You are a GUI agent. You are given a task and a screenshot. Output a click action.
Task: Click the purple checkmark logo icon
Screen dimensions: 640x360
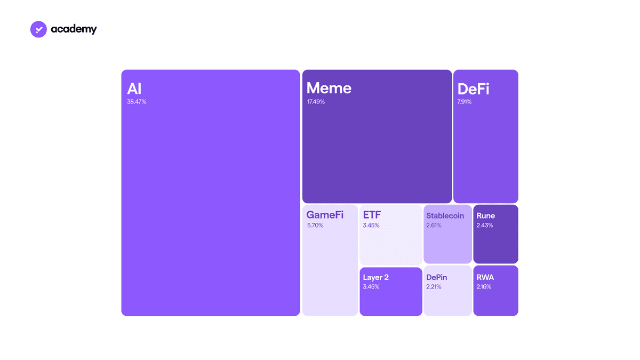tap(38, 29)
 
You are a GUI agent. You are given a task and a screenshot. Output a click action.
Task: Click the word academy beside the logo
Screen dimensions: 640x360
tap(74, 29)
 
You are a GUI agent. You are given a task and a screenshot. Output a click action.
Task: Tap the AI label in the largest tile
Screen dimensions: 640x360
tap(134, 89)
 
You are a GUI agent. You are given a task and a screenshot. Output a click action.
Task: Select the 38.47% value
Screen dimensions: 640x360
tap(137, 102)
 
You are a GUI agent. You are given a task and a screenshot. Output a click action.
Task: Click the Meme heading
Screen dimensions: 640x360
tap(329, 88)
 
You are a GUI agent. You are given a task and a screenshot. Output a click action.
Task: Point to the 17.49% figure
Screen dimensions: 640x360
tap(316, 102)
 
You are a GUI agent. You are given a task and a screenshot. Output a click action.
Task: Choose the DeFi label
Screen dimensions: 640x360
tap(473, 89)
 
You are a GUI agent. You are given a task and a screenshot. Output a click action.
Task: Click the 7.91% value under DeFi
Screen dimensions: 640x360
tap(465, 102)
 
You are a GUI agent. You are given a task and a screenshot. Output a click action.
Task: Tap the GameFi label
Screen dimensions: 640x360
tap(325, 214)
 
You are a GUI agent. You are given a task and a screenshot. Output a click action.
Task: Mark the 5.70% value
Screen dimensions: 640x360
tap(315, 226)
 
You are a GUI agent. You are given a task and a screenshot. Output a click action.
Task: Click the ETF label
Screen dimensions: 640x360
tap(372, 214)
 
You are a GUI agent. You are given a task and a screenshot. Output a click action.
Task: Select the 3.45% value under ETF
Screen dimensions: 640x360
tap(371, 226)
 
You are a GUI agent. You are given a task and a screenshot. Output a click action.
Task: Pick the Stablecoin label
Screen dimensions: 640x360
tap(445, 215)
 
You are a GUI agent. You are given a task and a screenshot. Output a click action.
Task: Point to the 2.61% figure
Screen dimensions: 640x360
tap(434, 226)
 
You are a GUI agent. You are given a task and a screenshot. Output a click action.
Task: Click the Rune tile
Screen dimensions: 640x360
tap(495, 234)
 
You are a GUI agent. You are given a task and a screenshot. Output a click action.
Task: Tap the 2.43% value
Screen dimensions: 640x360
tap(485, 226)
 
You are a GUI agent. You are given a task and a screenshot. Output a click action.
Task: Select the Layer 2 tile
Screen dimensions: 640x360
tap(391, 291)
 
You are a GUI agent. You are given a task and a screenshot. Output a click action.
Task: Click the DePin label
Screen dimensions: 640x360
tap(437, 277)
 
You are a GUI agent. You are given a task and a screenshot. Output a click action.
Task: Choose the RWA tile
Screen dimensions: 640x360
tap(495, 291)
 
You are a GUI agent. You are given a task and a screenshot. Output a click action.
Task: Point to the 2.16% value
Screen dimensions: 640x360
tap(484, 287)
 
